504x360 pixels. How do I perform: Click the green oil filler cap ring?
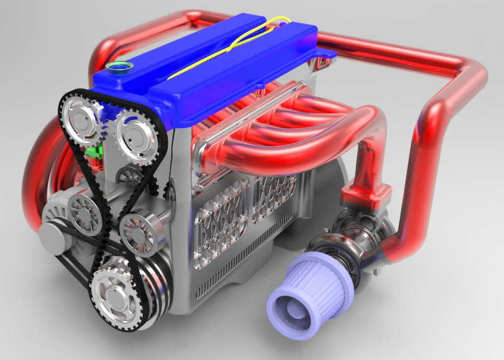click(116, 67)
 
